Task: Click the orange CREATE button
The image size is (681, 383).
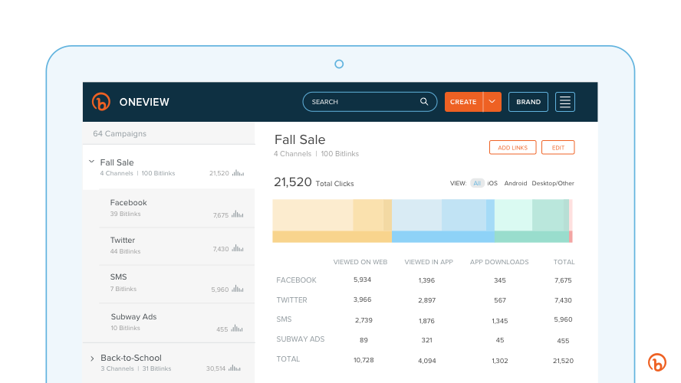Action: tap(463, 102)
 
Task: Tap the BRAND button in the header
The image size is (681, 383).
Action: tap(528, 102)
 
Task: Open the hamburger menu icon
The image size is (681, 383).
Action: tap(565, 102)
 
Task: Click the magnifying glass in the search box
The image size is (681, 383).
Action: tap(424, 102)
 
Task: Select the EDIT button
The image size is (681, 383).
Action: tap(558, 148)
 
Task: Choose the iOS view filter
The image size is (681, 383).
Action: tap(492, 184)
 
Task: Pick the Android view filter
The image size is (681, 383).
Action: tap(515, 184)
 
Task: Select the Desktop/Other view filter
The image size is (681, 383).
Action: tap(553, 184)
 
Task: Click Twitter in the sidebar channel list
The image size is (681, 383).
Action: tap(123, 241)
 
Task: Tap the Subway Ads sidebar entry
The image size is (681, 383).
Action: tap(133, 317)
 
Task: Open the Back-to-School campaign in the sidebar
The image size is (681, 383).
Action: tap(131, 358)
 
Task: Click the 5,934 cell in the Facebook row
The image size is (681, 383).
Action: tap(363, 280)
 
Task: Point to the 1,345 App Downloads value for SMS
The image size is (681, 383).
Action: tap(499, 321)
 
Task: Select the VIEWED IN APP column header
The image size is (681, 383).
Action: tap(429, 262)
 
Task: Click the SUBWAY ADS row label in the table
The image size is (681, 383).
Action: tap(300, 339)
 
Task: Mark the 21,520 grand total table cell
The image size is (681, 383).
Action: tap(563, 361)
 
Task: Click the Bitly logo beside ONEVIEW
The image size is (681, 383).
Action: tap(101, 102)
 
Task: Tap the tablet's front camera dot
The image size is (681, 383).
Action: tap(339, 64)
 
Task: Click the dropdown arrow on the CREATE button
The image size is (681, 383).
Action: tap(492, 102)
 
